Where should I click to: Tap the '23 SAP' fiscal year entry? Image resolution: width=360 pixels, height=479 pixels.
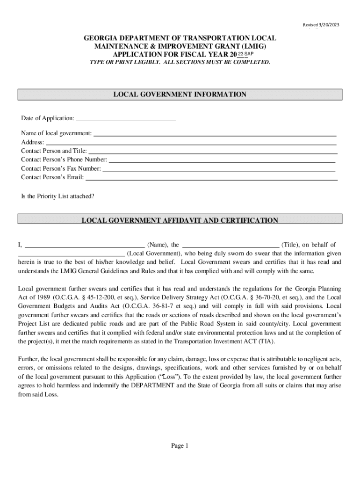point(246,55)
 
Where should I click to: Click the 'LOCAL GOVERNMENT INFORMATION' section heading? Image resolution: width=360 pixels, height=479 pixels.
point(180,94)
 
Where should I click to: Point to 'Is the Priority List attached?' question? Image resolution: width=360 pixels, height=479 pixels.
point(58,196)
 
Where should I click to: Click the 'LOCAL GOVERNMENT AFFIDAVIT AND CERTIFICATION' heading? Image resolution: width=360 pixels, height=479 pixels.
point(180,220)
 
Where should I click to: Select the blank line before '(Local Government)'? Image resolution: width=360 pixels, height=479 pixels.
point(71,254)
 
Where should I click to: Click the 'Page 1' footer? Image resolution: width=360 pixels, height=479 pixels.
point(180,446)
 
